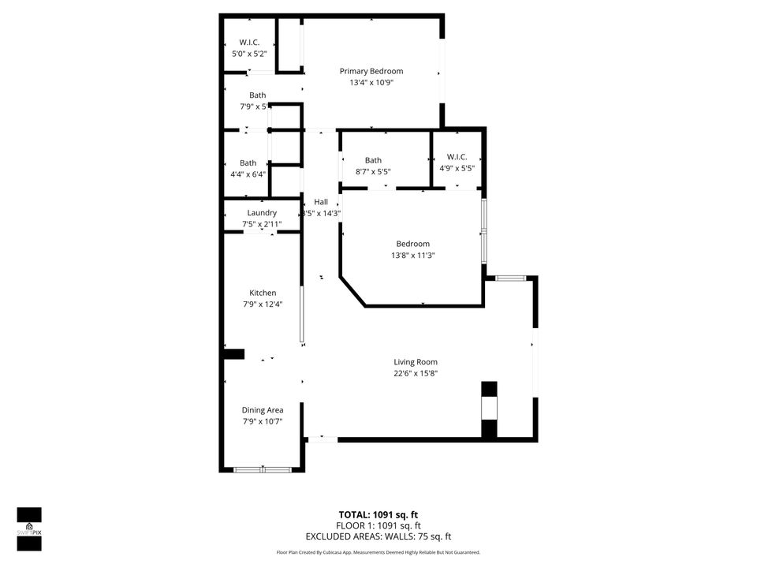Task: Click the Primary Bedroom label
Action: pos(371,71)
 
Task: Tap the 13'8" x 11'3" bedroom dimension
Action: pos(413,256)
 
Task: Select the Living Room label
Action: pos(416,362)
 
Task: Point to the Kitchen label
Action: pos(263,293)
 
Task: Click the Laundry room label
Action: pos(262,213)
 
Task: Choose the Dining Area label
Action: pos(263,410)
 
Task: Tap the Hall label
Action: pos(321,202)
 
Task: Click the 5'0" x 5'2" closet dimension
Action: pos(249,54)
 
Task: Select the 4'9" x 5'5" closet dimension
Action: pos(457,168)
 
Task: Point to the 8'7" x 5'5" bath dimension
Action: pos(373,171)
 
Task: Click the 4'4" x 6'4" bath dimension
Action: pos(248,174)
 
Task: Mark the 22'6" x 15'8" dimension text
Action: pos(416,374)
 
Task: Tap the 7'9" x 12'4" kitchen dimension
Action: pos(263,305)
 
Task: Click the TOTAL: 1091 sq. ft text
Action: pos(378,514)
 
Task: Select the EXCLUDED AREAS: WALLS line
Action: pos(378,536)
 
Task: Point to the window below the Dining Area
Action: pos(263,469)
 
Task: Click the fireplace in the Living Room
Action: pos(490,409)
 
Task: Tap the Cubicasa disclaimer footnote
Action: pos(378,553)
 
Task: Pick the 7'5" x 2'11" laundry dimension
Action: pos(262,225)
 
